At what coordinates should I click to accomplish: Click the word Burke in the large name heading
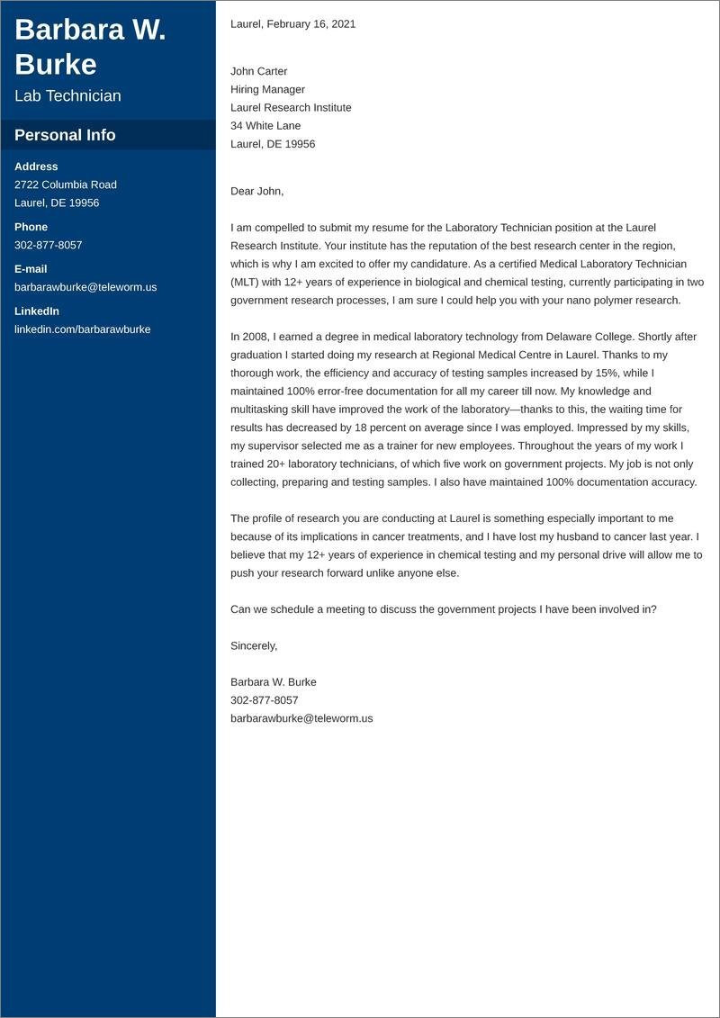click(56, 64)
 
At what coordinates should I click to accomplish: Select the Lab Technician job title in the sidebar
click(67, 96)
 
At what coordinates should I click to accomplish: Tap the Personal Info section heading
click(65, 135)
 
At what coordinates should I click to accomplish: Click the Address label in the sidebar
click(36, 167)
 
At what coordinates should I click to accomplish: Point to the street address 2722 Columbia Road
click(66, 185)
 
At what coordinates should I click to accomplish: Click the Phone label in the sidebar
click(31, 227)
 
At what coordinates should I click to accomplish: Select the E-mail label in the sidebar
click(31, 269)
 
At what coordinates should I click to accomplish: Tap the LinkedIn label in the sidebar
click(37, 311)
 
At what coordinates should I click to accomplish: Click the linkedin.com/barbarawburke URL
click(83, 329)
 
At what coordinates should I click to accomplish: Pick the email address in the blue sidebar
click(85, 287)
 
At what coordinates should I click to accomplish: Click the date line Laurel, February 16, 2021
click(292, 24)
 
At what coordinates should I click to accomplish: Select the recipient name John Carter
click(259, 71)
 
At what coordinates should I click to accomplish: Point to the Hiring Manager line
click(267, 89)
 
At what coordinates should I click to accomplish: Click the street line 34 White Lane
click(265, 125)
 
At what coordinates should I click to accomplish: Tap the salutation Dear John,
click(256, 191)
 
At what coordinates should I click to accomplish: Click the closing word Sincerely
click(254, 645)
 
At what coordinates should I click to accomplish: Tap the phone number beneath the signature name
click(264, 700)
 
